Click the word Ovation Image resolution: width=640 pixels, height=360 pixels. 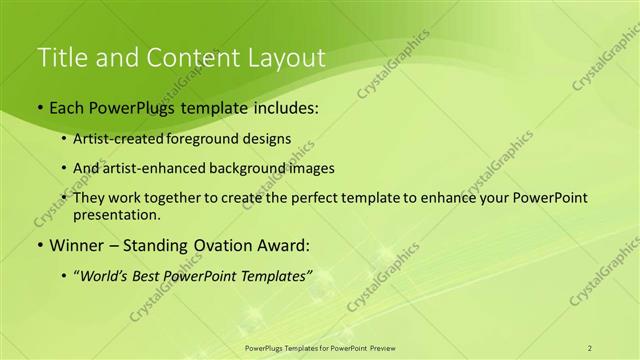214,245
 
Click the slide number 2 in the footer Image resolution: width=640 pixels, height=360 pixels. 590,348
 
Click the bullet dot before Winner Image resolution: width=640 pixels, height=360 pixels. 39,246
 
